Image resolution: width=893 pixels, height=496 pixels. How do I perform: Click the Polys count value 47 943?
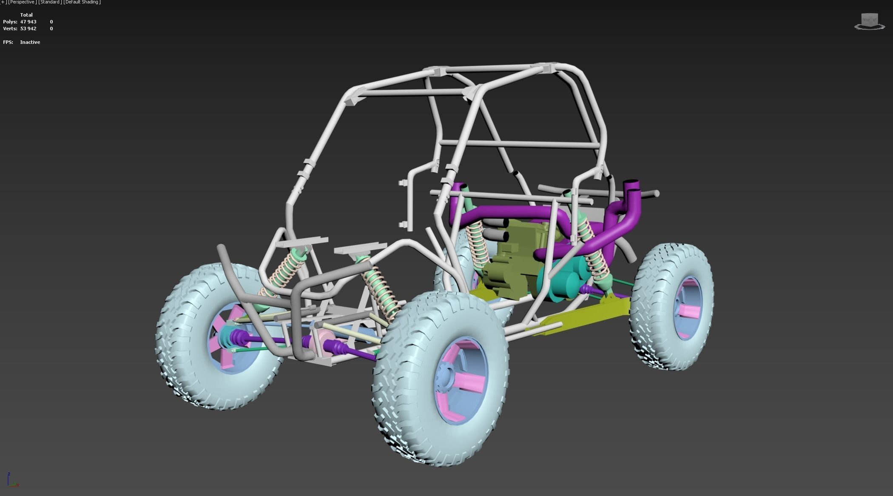coord(28,22)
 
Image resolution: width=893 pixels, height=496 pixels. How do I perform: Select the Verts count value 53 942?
coord(28,29)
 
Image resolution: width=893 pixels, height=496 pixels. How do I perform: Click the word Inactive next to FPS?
coord(30,42)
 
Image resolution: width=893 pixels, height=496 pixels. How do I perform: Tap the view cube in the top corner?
coord(869,21)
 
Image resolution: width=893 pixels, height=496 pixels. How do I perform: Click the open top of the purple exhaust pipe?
coord(631,183)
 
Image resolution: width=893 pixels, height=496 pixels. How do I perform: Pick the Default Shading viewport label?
coord(82,2)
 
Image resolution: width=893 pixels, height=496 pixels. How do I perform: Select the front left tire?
coord(191,340)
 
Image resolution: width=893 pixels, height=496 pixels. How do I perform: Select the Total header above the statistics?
coord(26,15)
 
